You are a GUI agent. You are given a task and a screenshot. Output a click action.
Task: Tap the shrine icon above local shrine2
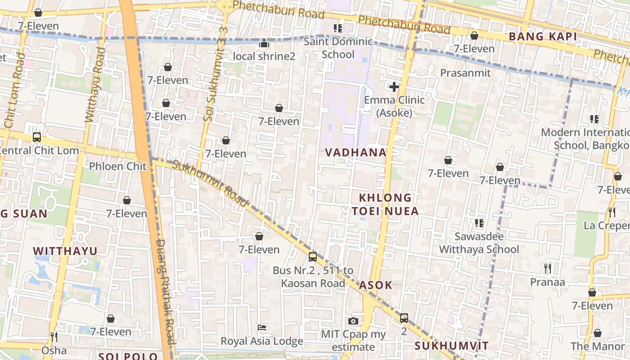coord(264,43)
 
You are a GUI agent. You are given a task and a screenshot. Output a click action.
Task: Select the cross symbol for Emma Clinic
coord(394,87)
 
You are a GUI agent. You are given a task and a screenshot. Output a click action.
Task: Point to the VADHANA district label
coord(355,153)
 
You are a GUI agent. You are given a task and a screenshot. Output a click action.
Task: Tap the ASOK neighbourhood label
coord(376,285)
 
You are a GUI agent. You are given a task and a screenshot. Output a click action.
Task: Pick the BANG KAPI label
coord(543,37)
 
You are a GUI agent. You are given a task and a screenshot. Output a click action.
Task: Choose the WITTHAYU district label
coord(65,251)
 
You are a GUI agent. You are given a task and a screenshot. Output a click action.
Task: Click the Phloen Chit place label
coord(118,166)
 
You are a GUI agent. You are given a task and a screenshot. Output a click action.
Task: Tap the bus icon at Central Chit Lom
coord(37,137)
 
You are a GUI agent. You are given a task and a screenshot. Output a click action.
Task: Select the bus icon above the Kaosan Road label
coord(313,257)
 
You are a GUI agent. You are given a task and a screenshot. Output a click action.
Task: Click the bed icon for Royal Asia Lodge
coord(262,327)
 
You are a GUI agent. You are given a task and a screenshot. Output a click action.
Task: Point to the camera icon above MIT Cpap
coord(353,321)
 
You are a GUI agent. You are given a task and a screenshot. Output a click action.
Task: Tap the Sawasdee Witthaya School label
coord(479,243)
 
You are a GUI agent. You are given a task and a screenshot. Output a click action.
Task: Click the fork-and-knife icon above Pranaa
coord(547,269)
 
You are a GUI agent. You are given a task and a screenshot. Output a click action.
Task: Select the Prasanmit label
coord(465,73)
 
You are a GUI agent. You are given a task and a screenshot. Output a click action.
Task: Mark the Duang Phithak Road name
coord(164,297)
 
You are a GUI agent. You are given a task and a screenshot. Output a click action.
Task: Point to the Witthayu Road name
coord(95,85)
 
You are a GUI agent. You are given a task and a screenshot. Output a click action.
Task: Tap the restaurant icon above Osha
coord(54,337)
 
